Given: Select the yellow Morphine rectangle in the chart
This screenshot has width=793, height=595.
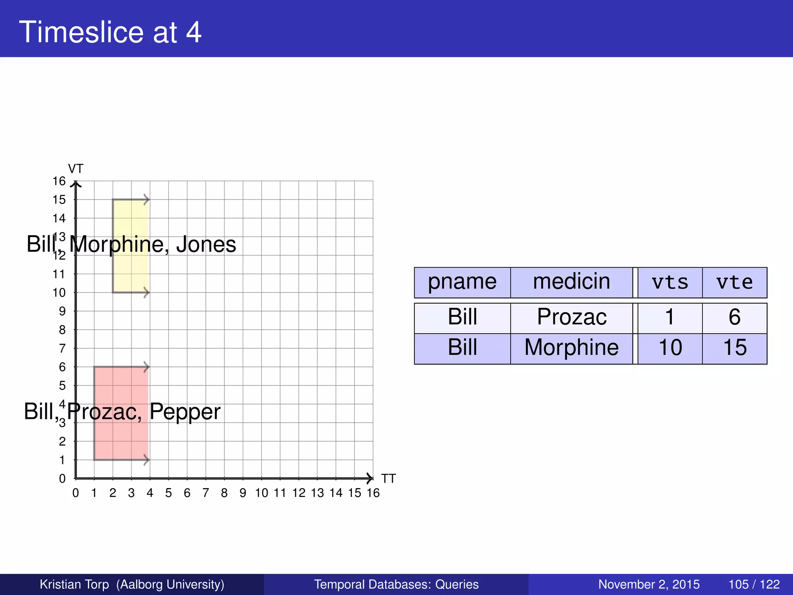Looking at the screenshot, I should click(131, 271).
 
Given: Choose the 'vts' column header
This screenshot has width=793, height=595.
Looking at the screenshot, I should click(670, 282).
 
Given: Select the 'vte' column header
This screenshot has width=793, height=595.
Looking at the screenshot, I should click(735, 282).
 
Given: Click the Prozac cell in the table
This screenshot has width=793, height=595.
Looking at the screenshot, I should click(572, 317).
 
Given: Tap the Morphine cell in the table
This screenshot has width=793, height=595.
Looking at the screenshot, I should click(572, 347).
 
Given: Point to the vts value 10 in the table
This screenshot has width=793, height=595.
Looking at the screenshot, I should click(670, 347).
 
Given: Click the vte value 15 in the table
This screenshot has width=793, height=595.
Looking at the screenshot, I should click(735, 347).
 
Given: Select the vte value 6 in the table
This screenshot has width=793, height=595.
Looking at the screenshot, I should click(735, 317).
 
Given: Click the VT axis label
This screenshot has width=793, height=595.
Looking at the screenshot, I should click(76, 169).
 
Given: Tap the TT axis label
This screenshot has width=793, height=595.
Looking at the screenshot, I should click(388, 479).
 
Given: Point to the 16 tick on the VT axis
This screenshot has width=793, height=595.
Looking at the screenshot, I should click(59, 181).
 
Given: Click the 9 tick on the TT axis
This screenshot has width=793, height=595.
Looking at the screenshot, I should click(243, 493).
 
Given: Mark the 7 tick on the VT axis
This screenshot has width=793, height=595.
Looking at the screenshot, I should click(62, 349).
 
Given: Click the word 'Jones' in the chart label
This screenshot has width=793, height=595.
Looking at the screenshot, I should click(206, 245).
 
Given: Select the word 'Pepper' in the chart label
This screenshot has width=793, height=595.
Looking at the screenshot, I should click(185, 412).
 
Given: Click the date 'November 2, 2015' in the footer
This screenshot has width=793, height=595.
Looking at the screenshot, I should click(649, 584).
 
